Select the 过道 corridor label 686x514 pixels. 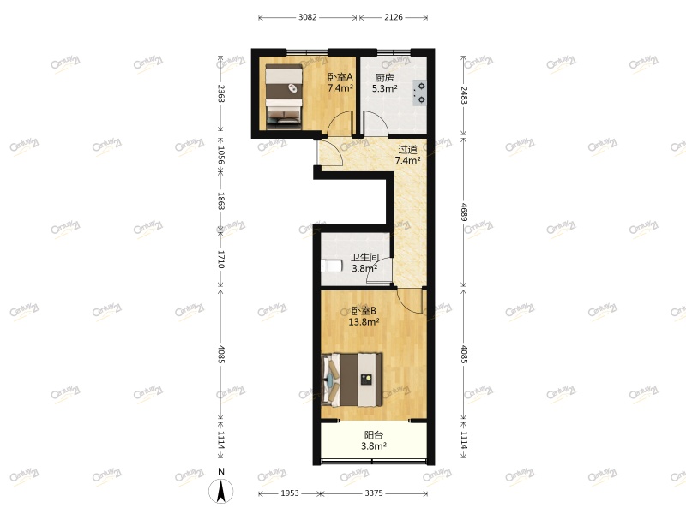click(407, 148)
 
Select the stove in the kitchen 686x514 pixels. click(420, 92)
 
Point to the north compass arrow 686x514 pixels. click(221, 491)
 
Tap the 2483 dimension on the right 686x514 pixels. click(464, 93)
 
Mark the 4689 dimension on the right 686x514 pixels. click(464, 211)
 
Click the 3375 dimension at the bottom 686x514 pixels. click(374, 493)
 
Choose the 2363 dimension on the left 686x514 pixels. click(221, 93)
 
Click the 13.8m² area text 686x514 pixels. click(364, 322)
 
